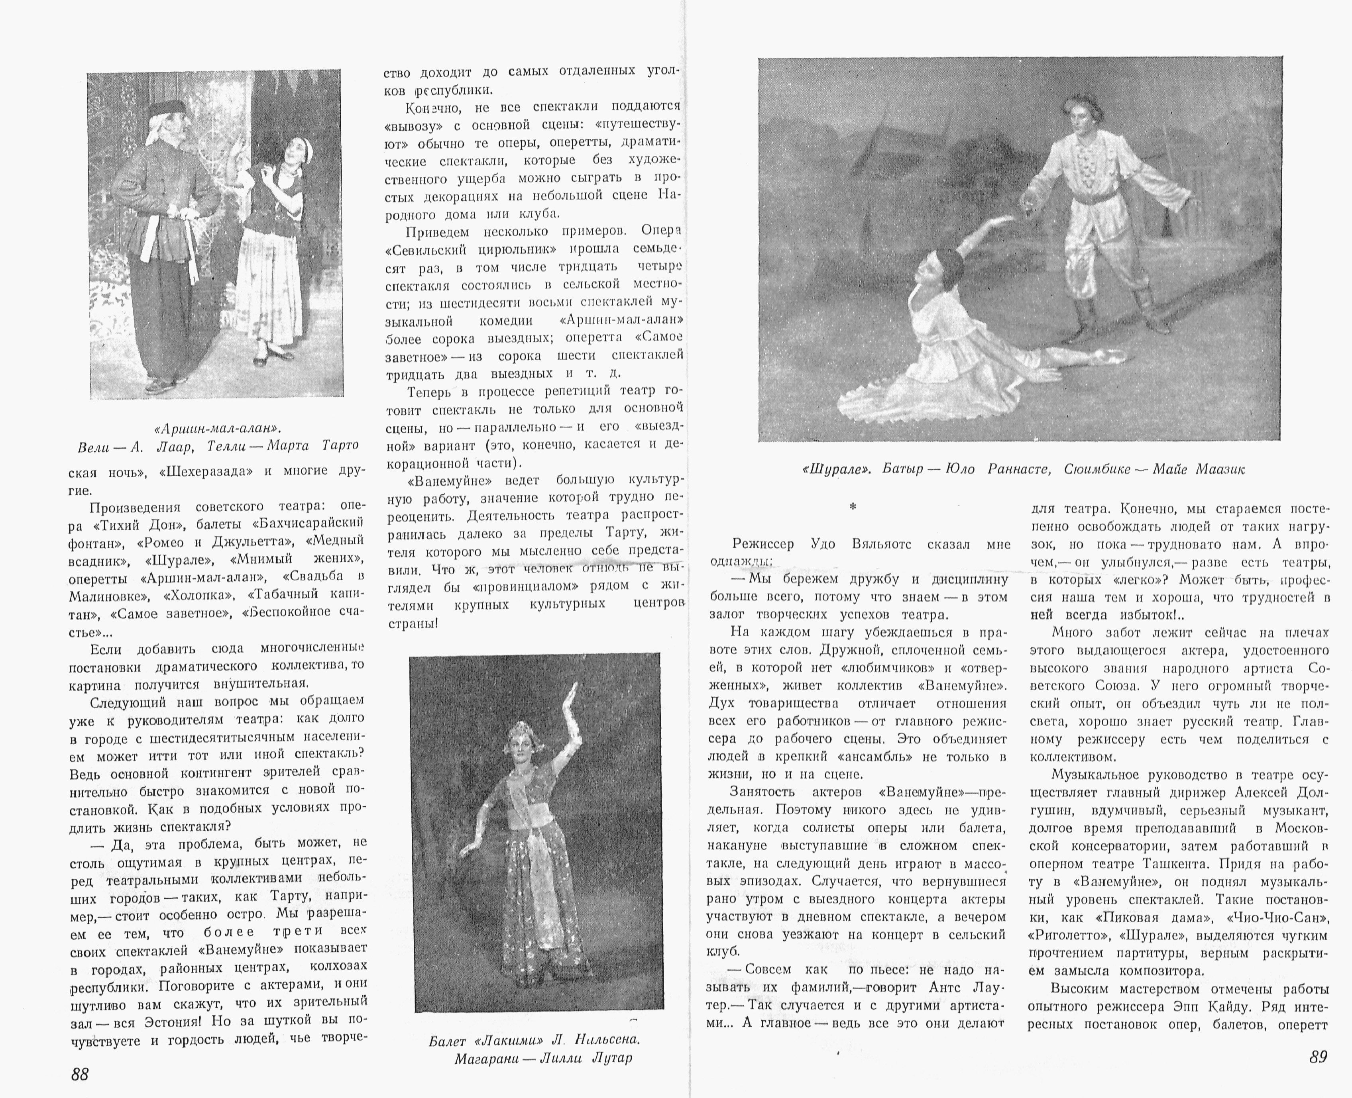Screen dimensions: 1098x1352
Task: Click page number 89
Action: tap(1318, 1056)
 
